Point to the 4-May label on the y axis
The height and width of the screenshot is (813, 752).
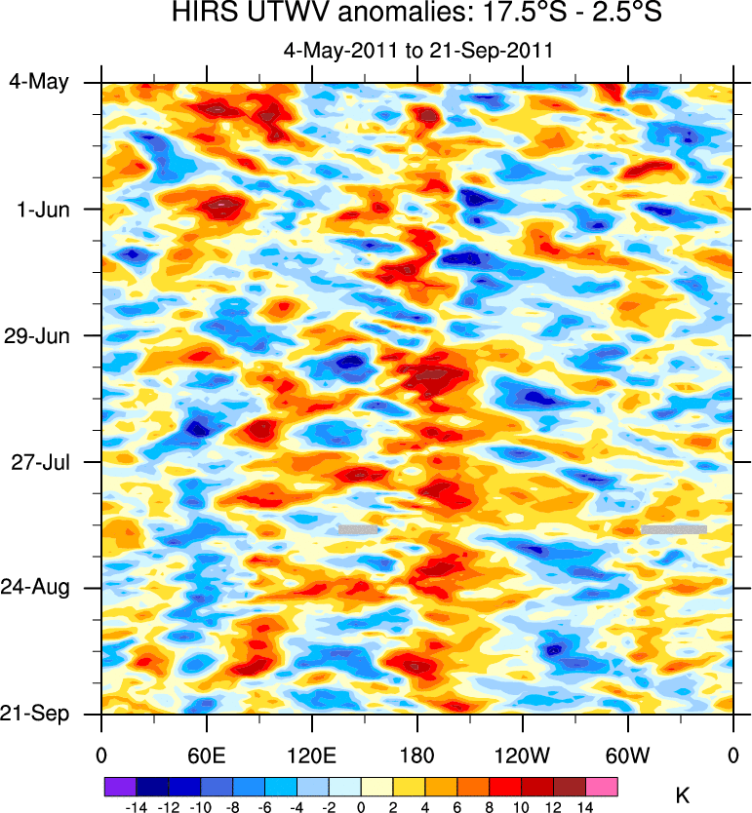click(39, 82)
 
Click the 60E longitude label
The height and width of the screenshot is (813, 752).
click(206, 755)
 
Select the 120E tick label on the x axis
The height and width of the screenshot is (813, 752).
click(311, 755)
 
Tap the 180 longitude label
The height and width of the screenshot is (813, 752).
click(416, 755)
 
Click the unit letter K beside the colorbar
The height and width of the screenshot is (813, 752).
click(683, 796)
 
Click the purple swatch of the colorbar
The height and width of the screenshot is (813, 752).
click(120, 786)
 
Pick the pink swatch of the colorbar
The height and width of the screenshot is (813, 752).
click(602, 786)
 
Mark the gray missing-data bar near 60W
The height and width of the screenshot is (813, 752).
click(673, 529)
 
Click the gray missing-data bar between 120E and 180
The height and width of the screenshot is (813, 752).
click(357, 529)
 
